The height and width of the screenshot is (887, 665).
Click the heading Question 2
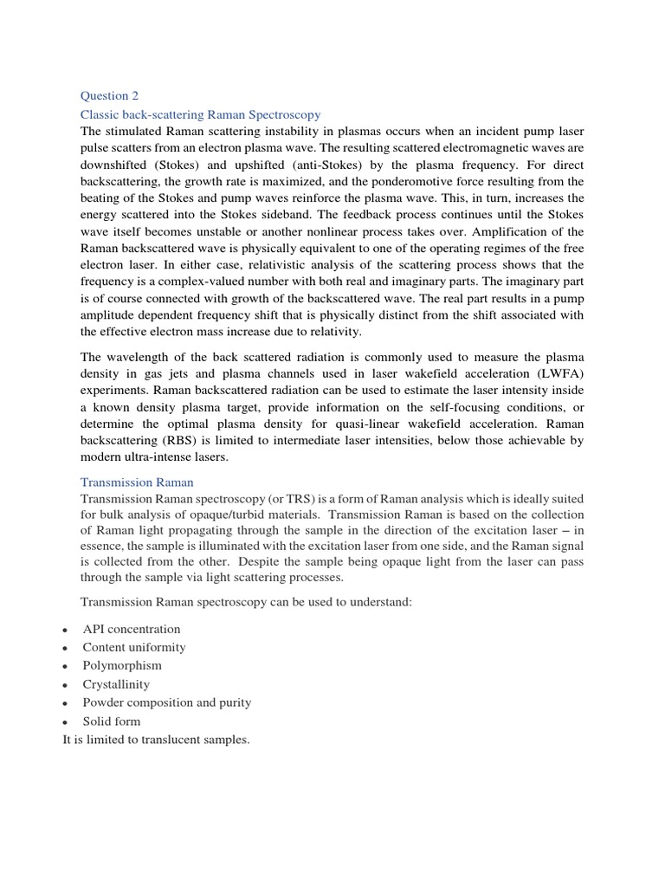(109, 96)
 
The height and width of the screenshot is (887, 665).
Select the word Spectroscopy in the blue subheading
(282, 114)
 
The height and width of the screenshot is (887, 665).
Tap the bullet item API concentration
(132, 629)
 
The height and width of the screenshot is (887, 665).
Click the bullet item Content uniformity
(134, 647)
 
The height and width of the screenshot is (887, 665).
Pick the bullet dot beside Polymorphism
(65, 666)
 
